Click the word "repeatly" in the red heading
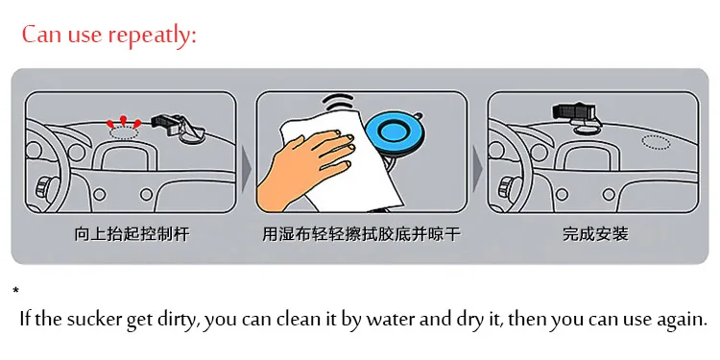tap(154, 36)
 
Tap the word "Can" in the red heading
tap(42, 35)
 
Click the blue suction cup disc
tap(395, 132)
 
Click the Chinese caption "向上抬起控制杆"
tap(132, 234)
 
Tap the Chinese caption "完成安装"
tap(595, 234)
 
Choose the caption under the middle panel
tap(361, 234)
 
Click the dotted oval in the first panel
tap(125, 132)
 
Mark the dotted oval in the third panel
tap(656, 142)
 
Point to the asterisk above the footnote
tap(16, 291)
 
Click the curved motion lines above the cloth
tap(339, 102)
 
